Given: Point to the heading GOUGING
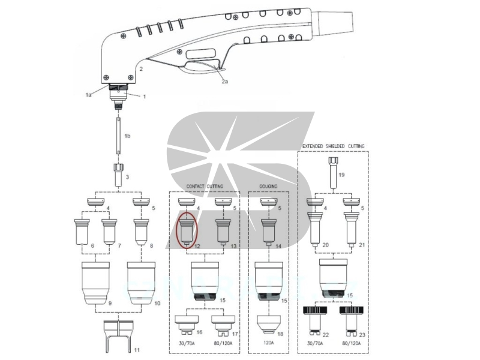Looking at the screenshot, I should click(268, 187).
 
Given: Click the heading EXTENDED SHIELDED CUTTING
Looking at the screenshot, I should click(333, 146).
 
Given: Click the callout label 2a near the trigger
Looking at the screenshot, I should click(224, 82).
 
